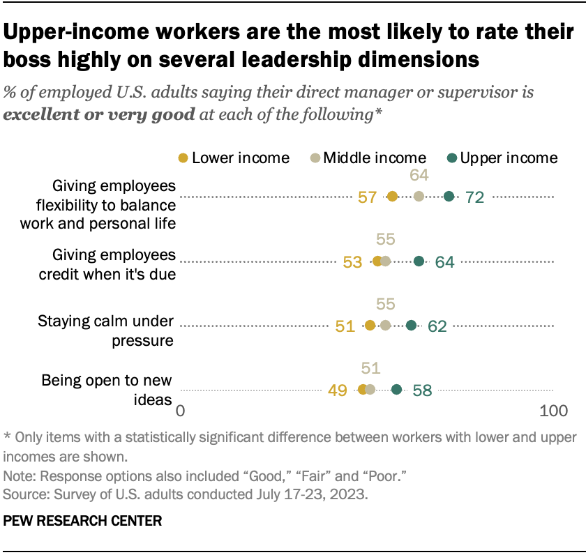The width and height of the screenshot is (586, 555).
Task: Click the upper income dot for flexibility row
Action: coord(449,197)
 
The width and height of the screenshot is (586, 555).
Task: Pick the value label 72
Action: coord(474,197)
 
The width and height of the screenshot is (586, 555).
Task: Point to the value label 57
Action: coord(368,197)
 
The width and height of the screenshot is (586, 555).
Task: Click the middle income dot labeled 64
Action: coord(419,197)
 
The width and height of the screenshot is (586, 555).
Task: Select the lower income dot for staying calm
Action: coord(370,325)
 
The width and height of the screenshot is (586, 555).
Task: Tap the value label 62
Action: coord(437,326)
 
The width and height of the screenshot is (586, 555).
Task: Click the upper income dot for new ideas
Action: coord(396,389)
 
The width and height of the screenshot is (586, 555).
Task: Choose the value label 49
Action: coord(338,390)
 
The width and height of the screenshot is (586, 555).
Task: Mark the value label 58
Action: coord(422,390)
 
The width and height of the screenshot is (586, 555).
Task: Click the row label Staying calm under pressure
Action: coord(104,330)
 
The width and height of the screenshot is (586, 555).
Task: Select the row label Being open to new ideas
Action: coord(106,390)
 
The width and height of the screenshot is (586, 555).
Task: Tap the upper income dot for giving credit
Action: coord(419,261)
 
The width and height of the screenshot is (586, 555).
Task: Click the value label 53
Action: coord(353,261)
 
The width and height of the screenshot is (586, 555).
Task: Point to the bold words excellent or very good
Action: coord(99,114)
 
